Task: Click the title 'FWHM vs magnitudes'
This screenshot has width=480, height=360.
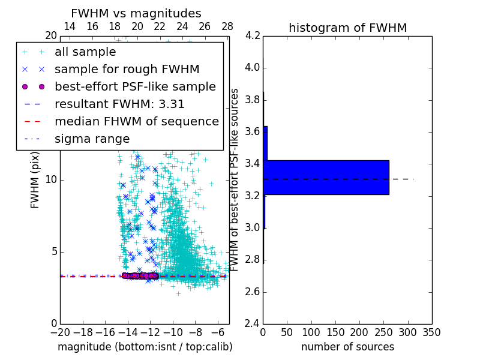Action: point(136,13)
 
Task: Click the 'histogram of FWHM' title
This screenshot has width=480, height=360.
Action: point(347,28)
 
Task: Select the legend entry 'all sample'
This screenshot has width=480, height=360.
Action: point(85,52)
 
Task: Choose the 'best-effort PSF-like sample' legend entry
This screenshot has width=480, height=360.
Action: point(135,86)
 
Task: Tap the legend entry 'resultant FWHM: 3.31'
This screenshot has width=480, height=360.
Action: point(119,104)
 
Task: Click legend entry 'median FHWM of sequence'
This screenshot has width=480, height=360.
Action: point(136,121)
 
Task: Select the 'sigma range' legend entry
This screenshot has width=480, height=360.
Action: point(92,139)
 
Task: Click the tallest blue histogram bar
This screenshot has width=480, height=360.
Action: point(326,177)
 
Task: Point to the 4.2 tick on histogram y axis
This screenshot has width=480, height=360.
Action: point(253,35)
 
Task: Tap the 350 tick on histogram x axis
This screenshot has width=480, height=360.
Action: point(431,332)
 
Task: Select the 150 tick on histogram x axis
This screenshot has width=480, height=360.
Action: point(335,332)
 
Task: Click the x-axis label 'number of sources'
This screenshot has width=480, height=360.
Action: point(347,347)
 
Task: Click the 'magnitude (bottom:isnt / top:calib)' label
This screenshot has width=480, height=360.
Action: point(145,347)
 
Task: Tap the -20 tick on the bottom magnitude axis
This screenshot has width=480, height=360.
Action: point(60,332)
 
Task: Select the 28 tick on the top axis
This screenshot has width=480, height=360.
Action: point(227,26)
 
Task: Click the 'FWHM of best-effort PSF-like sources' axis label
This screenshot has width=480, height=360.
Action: point(235,179)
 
